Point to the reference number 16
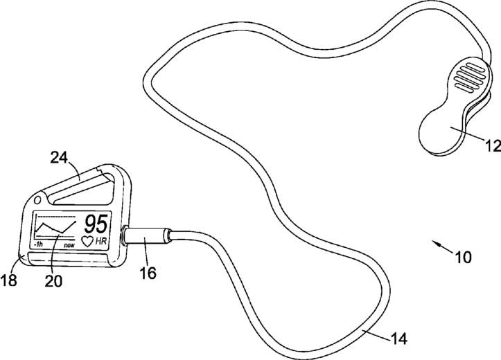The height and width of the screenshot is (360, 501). pos(147,273)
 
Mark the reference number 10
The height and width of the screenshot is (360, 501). pos(463,257)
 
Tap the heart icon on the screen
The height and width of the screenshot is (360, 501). pos(87,240)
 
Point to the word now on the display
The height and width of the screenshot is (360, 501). pos(69,245)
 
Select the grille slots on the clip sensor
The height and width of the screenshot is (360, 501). pos(465,80)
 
